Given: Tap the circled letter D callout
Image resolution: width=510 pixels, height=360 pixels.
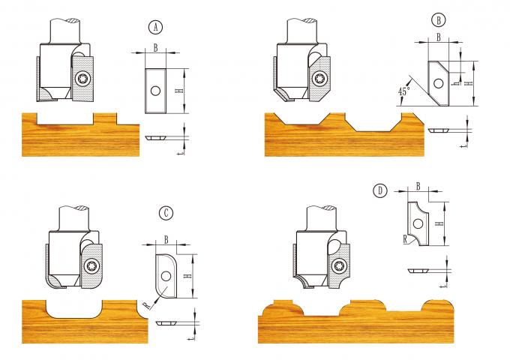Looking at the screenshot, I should point(381,191).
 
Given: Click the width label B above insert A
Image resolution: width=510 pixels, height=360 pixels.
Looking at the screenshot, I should point(154,46).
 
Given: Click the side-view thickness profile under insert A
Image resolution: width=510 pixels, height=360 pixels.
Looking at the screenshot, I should point(157,137).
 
